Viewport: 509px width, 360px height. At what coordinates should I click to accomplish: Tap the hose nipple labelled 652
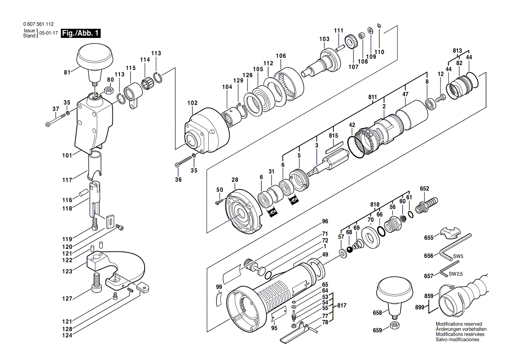tap(425, 204)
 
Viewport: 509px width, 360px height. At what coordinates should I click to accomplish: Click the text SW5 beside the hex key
tap(458, 256)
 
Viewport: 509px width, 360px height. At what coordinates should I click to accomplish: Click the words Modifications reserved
tap(459, 324)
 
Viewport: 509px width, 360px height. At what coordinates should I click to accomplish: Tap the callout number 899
tap(420, 307)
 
